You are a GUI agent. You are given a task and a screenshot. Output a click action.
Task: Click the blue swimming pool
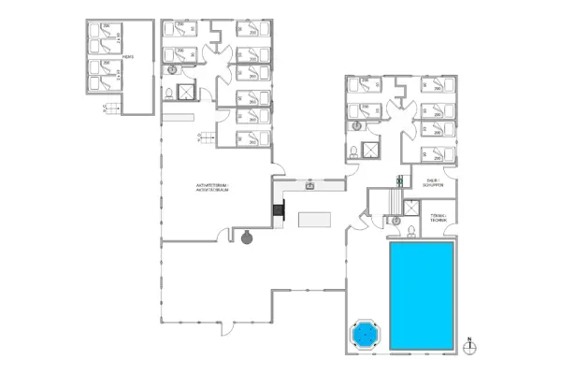pos(420,296)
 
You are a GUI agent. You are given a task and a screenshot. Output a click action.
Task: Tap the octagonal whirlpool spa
pos(364,333)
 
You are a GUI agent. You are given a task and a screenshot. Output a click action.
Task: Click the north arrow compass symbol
pos(472,345)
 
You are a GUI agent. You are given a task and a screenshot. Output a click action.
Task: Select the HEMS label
pos(128,56)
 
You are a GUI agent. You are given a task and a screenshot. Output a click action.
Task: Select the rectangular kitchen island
pos(314,220)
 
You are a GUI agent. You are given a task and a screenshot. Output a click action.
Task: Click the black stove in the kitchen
pos(278,212)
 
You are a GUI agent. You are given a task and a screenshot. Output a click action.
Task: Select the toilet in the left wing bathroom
pos(166,93)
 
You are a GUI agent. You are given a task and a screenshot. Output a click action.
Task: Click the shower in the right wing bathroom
pos(373,150)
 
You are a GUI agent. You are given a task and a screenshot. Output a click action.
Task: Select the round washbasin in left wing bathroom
pos(173,70)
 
